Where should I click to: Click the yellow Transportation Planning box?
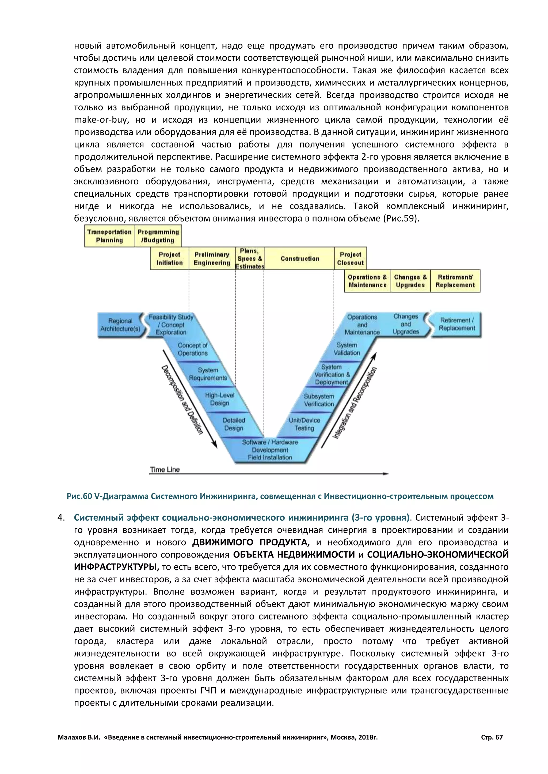(x=109, y=236)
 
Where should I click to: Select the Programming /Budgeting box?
(x=158, y=236)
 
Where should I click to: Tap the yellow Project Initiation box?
(x=169, y=258)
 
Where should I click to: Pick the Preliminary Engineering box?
(x=212, y=258)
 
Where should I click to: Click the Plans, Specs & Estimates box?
(x=250, y=258)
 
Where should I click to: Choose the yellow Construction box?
(x=300, y=258)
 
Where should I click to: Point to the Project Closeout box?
(x=350, y=258)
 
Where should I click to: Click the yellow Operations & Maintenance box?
(x=367, y=281)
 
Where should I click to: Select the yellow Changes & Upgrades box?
(x=410, y=281)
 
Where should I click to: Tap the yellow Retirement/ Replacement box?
(x=455, y=281)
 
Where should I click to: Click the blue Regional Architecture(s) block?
(x=120, y=325)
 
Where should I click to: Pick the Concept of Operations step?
(x=193, y=349)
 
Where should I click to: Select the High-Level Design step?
(x=220, y=399)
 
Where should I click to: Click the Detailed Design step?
(x=234, y=424)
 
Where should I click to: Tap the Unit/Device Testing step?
(x=304, y=424)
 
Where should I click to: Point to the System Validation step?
(x=347, y=349)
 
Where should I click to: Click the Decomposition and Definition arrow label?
(x=182, y=400)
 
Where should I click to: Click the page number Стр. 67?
(x=492, y=737)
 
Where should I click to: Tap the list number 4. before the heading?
(x=61, y=517)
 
